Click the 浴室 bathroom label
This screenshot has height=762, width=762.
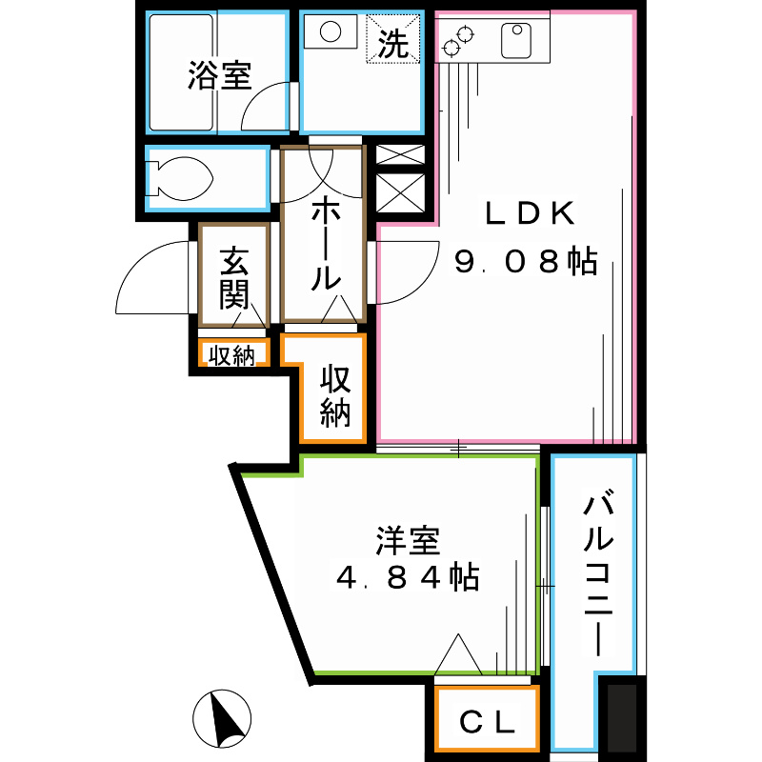click(218, 75)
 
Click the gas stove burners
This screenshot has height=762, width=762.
click(458, 41)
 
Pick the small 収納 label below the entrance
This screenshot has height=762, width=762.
click(232, 356)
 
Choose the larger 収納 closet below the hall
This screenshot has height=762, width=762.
click(335, 396)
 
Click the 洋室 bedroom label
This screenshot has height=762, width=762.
click(408, 541)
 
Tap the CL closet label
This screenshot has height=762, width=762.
click(487, 722)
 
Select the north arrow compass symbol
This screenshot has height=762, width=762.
click(223, 720)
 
